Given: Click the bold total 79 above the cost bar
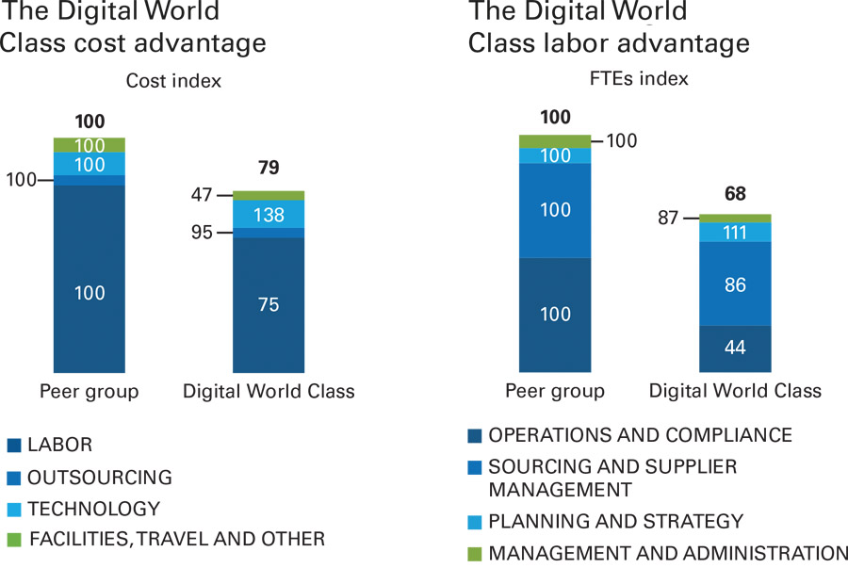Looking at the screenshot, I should click(269, 168).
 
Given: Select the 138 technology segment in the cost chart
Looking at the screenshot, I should click(269, 215).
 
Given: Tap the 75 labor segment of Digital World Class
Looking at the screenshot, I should click(269, 304).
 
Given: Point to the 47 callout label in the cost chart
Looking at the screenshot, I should click(204, 195).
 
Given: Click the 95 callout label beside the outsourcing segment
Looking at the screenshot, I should click(204, 233).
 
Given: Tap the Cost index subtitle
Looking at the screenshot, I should click(173, 81).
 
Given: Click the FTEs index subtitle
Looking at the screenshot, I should click(639, 78).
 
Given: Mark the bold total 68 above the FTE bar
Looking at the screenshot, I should click(735, 193).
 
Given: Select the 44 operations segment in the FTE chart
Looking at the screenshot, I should click(735, 348).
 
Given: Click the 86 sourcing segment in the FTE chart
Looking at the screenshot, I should click(735, 284).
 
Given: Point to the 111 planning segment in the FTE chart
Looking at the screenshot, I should click(735, 232).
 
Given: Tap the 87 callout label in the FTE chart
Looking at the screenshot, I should click(669, 218).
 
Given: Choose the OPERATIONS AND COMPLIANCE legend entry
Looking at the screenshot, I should click(641, 435).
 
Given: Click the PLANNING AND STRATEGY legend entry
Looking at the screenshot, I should click(616, 521).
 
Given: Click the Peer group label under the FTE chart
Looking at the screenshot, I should click(555, 391).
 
